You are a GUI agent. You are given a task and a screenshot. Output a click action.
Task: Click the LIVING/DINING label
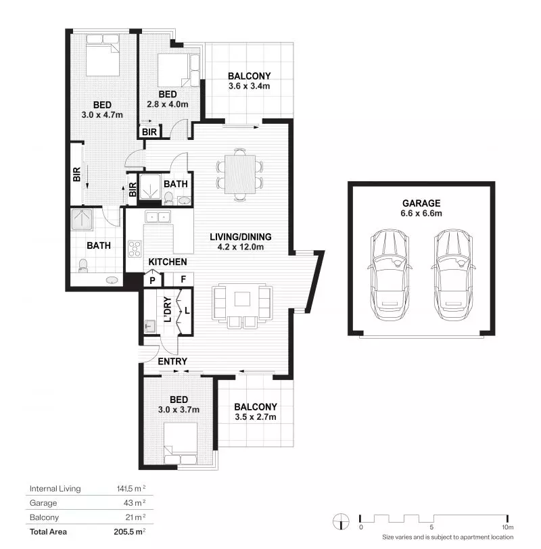click(240, 237)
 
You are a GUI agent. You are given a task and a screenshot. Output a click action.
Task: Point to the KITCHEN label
click(167, 262)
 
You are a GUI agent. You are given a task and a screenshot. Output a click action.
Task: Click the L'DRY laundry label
click(167, 311)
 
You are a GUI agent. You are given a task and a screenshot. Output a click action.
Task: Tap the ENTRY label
click(172, 362)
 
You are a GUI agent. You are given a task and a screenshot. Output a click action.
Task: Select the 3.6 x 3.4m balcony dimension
click(249, 87)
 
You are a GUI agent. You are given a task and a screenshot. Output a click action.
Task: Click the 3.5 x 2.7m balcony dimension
click(256, 417)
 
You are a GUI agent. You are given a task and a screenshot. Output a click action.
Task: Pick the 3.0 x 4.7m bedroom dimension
click(102, 115)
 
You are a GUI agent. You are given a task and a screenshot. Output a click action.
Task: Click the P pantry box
click(152, 279)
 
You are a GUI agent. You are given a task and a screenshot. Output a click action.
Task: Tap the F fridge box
click(183, 279)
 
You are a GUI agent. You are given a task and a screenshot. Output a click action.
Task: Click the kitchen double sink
click(158, 217)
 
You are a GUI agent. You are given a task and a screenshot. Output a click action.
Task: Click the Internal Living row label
click(55, 488)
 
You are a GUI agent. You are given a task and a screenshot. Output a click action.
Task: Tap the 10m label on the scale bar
click(507, 527)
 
